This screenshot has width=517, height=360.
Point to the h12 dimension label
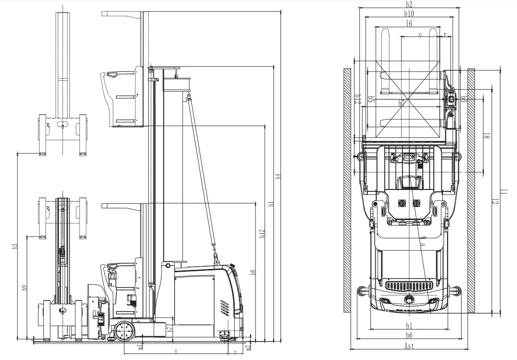[x=262, y=234]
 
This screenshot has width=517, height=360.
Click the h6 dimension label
[x=253, y=273]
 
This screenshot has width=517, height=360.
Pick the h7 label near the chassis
[x=170, y=330]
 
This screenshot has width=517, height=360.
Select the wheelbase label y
[x=176, y=351]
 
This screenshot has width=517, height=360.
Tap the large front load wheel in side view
[x=124, y=331]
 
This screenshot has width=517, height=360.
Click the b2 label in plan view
[x=409, y=4]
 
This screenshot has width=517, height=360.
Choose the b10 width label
[x=409, y=14]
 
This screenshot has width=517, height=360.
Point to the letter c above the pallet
[x=420, y=35]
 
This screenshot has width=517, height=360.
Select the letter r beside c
[x=444, y=35]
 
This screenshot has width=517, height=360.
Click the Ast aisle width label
[x=409, y=346]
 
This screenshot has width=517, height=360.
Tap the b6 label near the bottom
[x=409, y=336]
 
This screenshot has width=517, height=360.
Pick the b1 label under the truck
[x=409, y=325]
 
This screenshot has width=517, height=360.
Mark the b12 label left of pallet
[x=357, y=99]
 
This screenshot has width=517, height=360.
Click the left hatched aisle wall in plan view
[x=347, y=189]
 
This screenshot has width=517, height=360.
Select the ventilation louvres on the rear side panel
[x=225, y=307]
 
